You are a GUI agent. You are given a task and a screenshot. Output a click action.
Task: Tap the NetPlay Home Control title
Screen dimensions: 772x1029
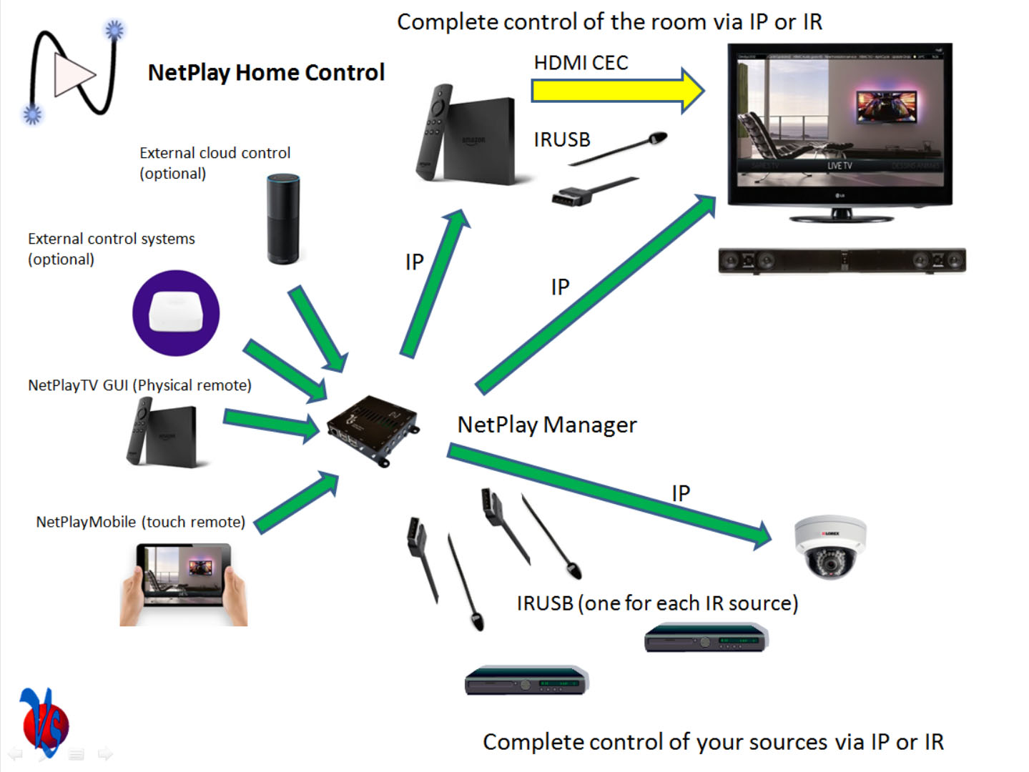pos(266,72)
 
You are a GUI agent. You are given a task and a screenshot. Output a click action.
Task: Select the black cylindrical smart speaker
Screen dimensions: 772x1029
pos(283,219)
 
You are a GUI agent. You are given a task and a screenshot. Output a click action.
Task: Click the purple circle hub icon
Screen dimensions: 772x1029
pos(176,313)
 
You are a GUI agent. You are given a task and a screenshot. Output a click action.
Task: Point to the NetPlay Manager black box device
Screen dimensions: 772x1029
pos(372,430)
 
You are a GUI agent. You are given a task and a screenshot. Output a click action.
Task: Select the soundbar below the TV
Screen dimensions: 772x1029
pos(842,261)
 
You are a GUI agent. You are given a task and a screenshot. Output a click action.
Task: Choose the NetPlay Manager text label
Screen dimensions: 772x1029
pos(547,425)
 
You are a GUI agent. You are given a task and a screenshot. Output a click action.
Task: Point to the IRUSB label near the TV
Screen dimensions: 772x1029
pos(562,139)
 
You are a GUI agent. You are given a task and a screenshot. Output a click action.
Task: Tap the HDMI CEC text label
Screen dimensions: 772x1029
pos(581,63)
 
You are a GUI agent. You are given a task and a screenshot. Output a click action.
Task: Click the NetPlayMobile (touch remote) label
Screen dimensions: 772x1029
pos(140,522)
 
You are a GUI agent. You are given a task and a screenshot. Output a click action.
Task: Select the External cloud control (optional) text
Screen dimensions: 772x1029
pos(215,163)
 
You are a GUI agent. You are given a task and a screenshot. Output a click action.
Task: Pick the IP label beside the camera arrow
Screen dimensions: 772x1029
pos(681,493)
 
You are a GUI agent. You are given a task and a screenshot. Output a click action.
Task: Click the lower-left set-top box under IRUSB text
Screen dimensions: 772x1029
pos(526,681)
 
